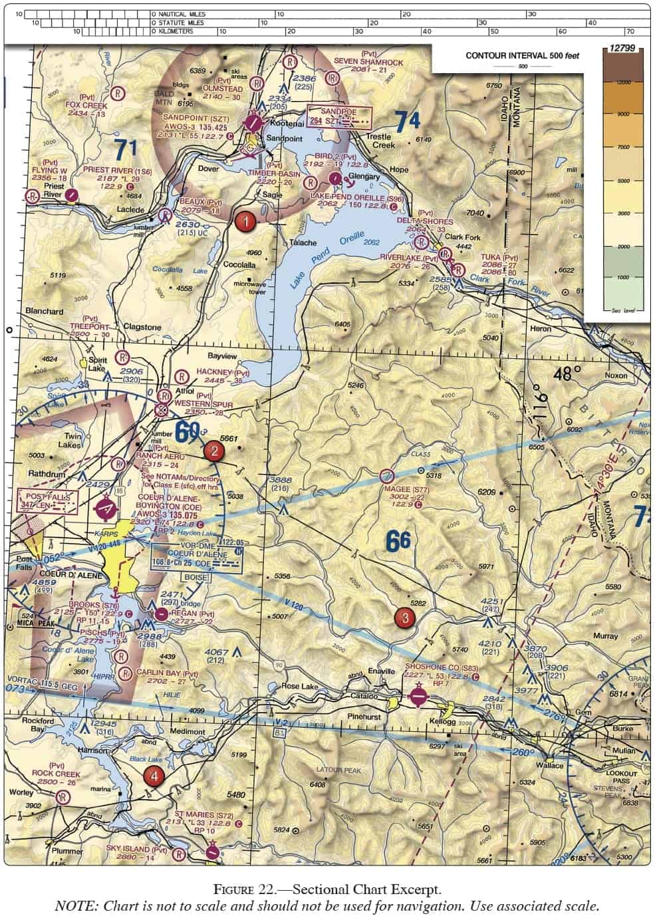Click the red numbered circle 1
pyautogui.click(x=245, y=222)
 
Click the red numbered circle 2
pyautogui.click(x=213, y=451)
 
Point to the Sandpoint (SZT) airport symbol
pyautogui.click(x=253, y=122)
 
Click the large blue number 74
pyautogui.click(x=406, y=122)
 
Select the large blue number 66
pyautogui.click(x=398, y=539)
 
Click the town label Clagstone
pyautogui.click(x=142, y=328)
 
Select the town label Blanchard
pyautogui.click(x=45, y=311)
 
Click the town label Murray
pyautogui.click(x=605, y=636)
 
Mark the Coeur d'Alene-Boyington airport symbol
pyautogui.click(x=105, y=509)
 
